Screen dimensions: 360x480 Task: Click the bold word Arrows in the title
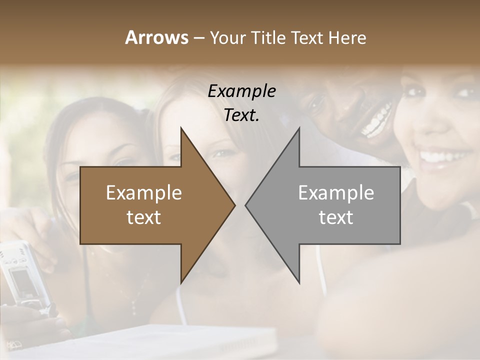156,37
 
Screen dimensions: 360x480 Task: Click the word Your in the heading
227,38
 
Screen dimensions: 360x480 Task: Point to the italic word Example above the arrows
241,91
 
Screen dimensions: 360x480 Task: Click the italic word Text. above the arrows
241,115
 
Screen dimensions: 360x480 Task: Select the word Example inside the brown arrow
144,192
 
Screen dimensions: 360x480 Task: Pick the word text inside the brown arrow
144,217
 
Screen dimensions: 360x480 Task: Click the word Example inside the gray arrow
336,192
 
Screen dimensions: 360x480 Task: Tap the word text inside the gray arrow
336,217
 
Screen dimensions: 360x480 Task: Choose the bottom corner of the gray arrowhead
299,282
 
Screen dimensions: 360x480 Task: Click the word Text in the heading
307,37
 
